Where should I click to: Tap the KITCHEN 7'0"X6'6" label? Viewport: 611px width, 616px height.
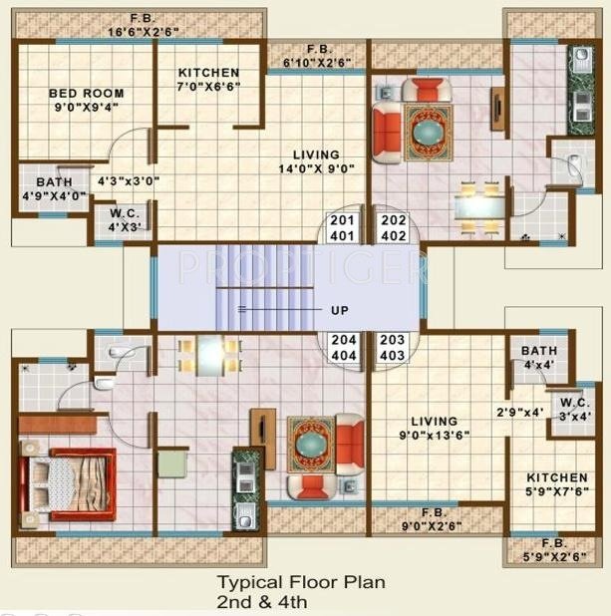pos(208,80)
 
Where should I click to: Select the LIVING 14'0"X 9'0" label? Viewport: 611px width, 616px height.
pos(316,161)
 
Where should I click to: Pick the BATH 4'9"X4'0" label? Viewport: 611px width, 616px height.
pos(53,189)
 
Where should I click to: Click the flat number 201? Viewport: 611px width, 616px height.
pos(342,221)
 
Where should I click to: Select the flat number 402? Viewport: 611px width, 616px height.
pos(392,236)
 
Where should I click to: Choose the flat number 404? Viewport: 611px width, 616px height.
pos(342,355)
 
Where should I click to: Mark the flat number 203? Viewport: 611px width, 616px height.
pos(392,340)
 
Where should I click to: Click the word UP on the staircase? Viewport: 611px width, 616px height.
pos(340,310)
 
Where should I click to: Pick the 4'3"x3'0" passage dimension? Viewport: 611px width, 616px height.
pos(128,181)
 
